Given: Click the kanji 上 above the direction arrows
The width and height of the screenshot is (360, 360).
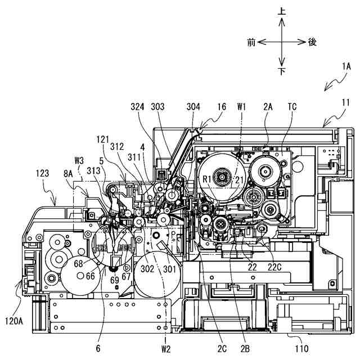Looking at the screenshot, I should coord(282,10).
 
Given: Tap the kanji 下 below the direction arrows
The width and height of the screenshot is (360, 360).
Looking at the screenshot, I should coord(282,71).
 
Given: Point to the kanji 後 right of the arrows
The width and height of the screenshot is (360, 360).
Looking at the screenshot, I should coord(313,42).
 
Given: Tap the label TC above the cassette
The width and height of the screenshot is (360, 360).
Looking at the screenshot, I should coord(292,106).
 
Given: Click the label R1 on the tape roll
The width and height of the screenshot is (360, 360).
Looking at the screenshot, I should coord(208,179).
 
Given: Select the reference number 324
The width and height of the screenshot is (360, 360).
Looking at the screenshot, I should coord(137,106).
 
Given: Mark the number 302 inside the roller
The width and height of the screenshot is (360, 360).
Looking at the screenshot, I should coord(147,269).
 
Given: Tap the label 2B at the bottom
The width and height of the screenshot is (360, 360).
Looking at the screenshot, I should coord(245,349).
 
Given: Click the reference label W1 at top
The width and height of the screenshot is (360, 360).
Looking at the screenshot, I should coord(242,106).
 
